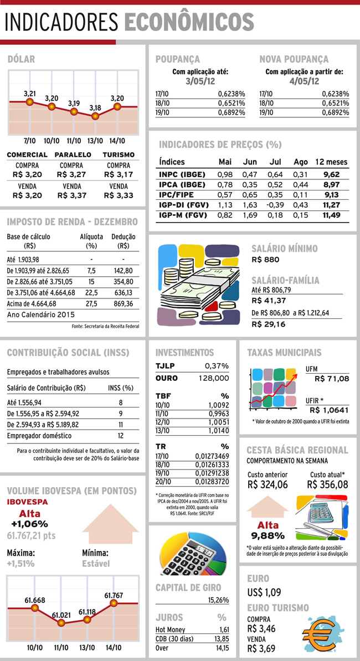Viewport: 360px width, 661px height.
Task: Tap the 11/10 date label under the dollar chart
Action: click(x=73, y=141)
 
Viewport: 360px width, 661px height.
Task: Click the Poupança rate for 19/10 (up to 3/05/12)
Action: click(x=232, y=112)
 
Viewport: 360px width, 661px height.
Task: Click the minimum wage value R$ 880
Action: click(x=265, y=259)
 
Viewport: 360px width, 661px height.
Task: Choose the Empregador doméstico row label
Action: click(x=39, y=436)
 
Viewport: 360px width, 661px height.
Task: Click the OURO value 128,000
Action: click(x=214, y=378)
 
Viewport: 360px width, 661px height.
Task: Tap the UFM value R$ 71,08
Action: click(x=332, y=379)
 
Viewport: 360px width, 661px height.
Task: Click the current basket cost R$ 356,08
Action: click(x=327, y=484)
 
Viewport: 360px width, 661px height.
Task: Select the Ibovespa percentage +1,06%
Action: click(x=29, y=524)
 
